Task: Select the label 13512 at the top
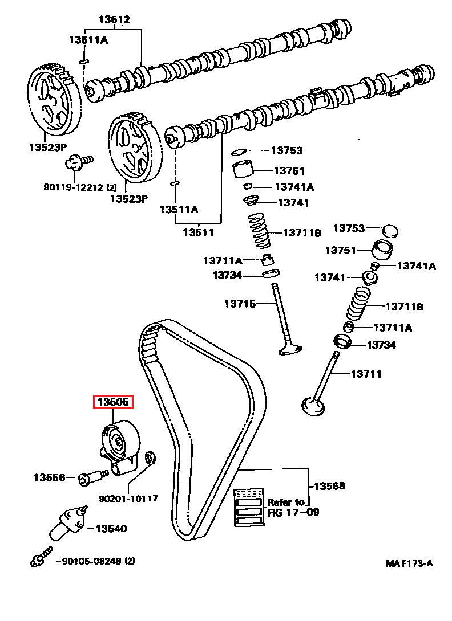point(114,20)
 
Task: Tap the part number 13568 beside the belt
point(330,486)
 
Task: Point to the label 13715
point(240,304)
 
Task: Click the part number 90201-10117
point(128,499)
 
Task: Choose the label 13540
point(111,529)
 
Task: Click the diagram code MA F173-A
point(409,563)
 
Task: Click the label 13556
point(49,477)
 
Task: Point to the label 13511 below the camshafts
point(198,232)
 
